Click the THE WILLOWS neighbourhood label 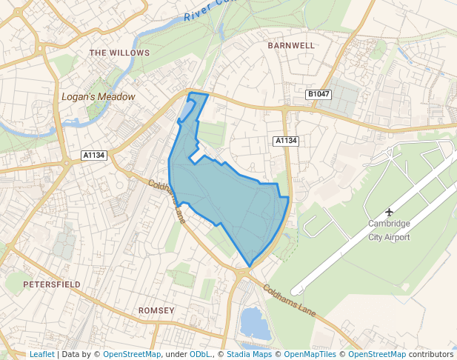point(119,53)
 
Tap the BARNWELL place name point(291,45)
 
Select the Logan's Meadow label point(99,97)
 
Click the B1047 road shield point(318,95)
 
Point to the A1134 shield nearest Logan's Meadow point(94,155)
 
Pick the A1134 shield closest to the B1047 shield point(285,141)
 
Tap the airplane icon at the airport point(390,213)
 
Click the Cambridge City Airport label point(389,230)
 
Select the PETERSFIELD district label point(51,284)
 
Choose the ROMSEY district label point(156,310)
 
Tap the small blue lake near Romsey point(253,324)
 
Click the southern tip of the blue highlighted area point(249,266)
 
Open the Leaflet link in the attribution point(41,354)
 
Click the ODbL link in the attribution point(200,354)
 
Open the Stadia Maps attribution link point(249,354)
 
